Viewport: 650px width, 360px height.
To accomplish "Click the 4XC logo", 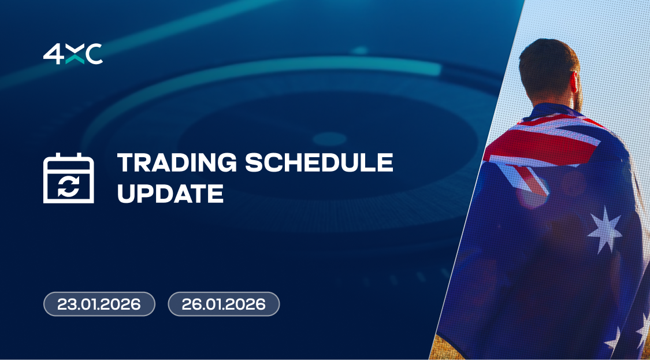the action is (x=73, y=54).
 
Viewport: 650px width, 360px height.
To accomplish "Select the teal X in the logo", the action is (x=75, y=54).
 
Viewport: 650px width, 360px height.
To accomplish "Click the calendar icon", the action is (x=68, y=178).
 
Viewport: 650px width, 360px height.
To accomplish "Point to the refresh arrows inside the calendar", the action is (x=68, y=185).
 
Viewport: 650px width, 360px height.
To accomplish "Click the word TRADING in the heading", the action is (x=177, y=162).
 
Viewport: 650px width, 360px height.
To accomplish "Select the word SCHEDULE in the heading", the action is (x=319, y=162).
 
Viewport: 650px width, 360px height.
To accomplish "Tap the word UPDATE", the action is (x=170, y=193).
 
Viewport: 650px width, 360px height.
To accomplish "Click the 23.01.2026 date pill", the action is (x=99, y=305).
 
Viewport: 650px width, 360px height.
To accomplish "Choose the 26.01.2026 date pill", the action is (x=224, y=305).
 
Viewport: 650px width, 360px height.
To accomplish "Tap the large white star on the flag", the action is (x=606, y=230).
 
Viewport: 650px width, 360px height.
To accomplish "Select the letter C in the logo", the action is (x=94, y=54).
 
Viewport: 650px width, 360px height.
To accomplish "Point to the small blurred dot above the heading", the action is (x=360, y=50).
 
